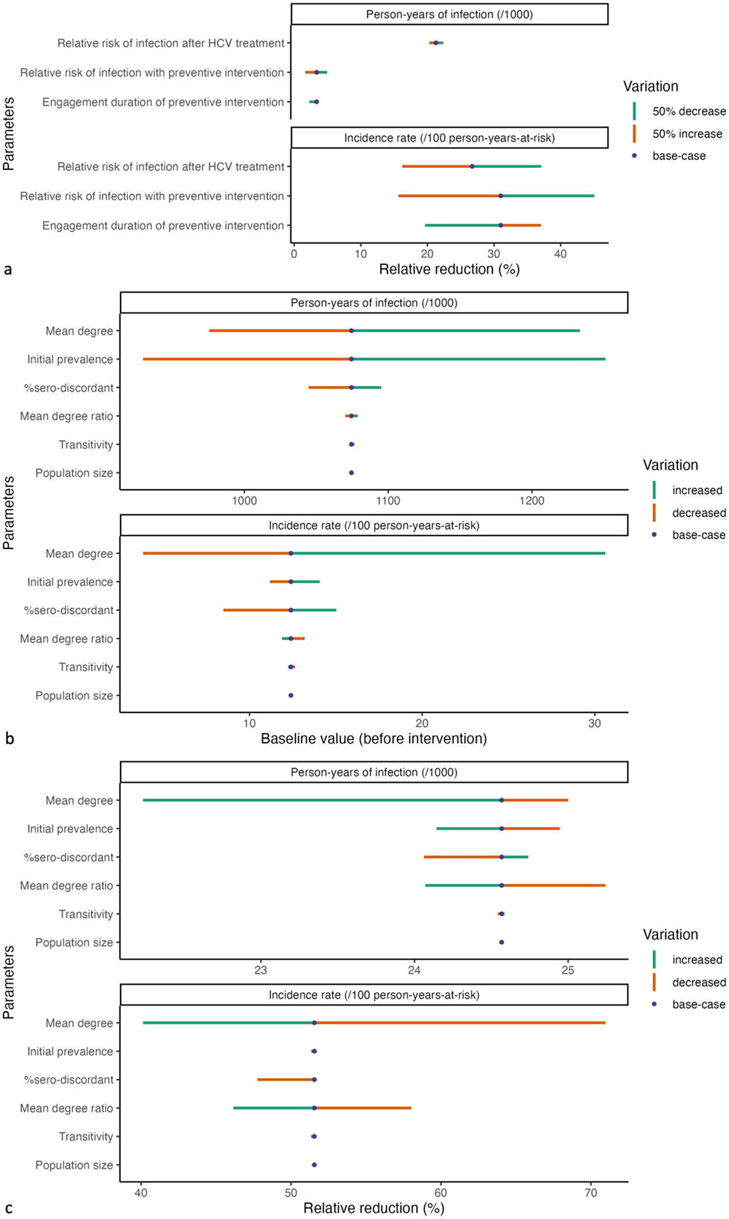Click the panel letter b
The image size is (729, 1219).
[x=9, y=738]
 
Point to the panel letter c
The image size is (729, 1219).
[x=8, y=1207]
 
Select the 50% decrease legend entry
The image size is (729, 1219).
[x=688, y=111]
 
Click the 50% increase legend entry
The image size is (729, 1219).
[x=686, y=134]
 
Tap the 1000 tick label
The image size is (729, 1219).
[x=245, y=500]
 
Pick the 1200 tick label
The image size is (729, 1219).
[x=532, y=500]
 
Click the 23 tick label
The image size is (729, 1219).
[x=261, y=970]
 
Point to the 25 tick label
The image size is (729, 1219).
[x=568, y=970]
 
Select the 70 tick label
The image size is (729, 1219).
[x=591, y=1193]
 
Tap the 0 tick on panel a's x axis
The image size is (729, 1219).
[x=294, y=253]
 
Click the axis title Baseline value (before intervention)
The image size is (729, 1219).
[x=374, y=739]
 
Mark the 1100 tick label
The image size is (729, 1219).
[x=388, y=500]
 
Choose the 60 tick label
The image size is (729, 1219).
[x=440, y=1193]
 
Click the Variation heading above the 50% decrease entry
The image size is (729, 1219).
[x=650, y=87]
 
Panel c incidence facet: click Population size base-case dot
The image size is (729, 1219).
[x=314, y=1165]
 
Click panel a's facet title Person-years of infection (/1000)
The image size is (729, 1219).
[x=449, y=14]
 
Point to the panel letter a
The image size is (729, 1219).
[x=8, y=270]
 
